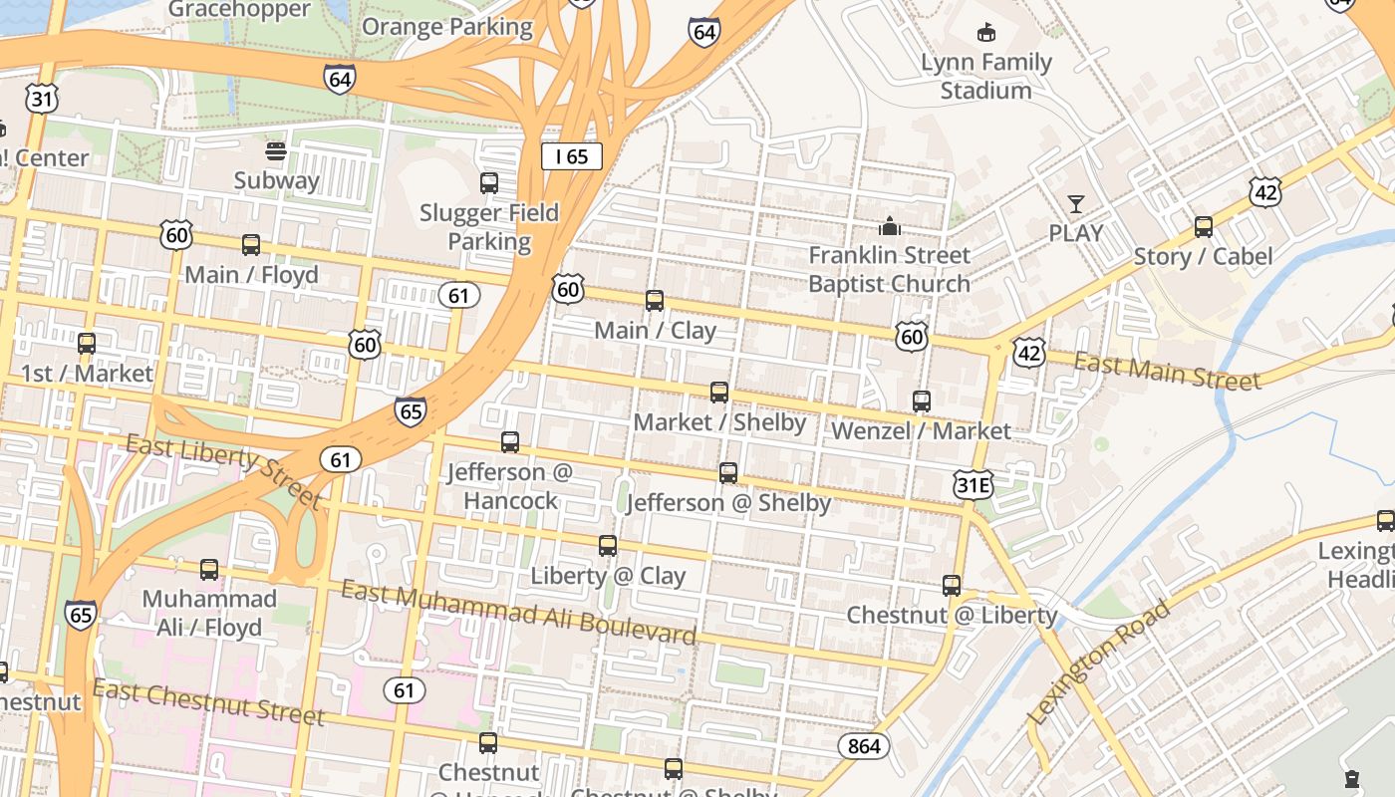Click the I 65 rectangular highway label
(x=572, y=156)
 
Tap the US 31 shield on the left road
(x=43, y=98)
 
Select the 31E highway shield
(x=973, y=485)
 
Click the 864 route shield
(x=863, y=745)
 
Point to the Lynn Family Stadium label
(x=985, y=77)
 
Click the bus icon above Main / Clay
(x=655, y=301)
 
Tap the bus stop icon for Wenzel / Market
(x=922, y=401)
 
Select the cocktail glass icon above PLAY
(x=1076, y=204)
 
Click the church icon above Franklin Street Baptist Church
(x=890, y=226)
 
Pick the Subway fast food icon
(x=276, y=151)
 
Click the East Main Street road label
(x=1167, y=372)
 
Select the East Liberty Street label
(x=224, y=471)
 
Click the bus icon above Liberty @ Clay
(x=608, y=546)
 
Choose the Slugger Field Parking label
(x=489, y=227)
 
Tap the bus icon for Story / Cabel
(x=1204, y=227)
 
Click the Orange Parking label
(x=447, y=26)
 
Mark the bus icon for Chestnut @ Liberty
(x=952, y=586)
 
